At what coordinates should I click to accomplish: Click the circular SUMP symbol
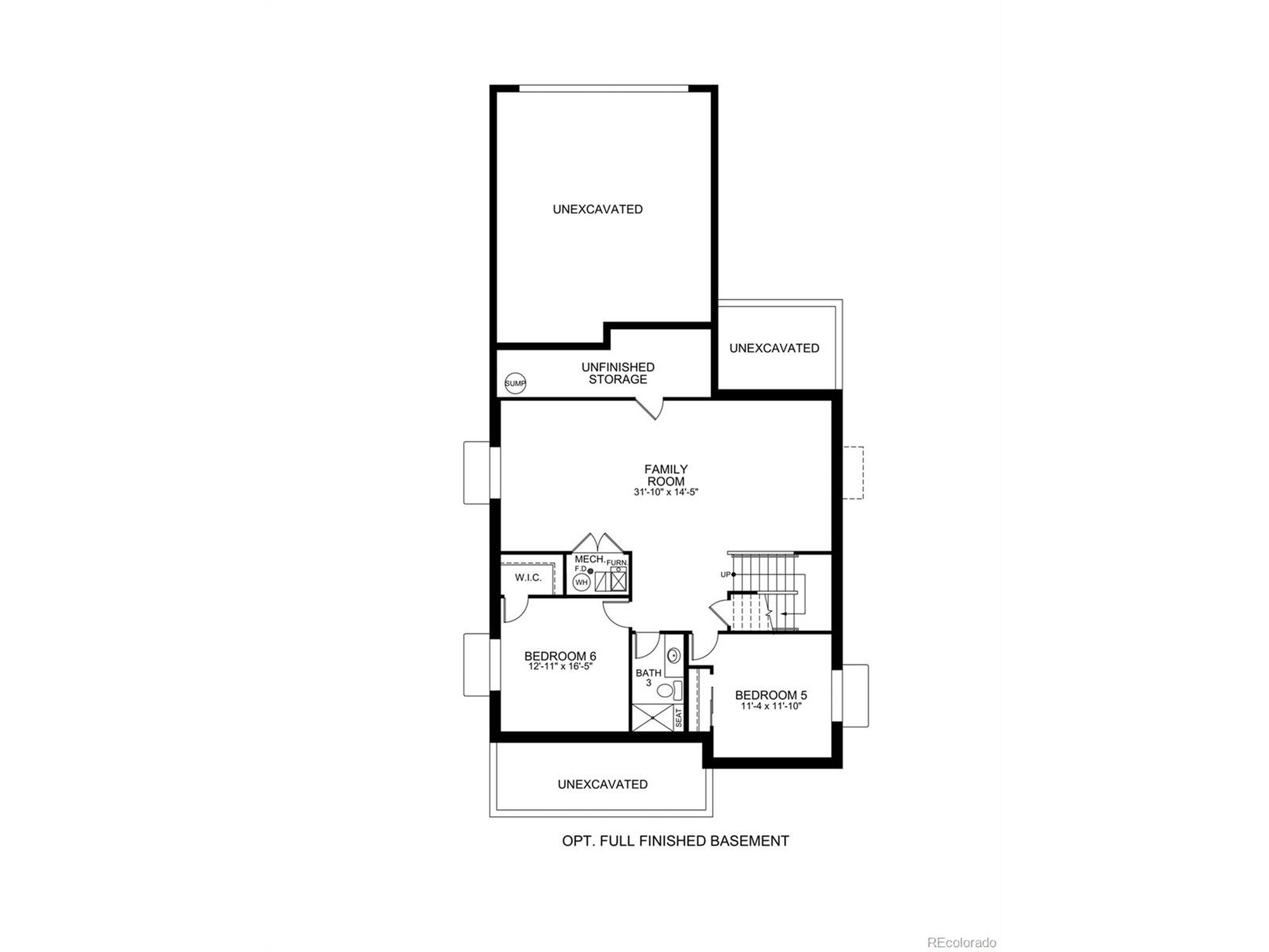point(515,383)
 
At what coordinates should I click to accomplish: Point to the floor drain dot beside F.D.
point(590,571)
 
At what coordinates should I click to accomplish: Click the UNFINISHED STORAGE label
point(618,373)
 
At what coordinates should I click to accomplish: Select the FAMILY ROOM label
point(665,475)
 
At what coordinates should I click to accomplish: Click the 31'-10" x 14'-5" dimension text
point(665,492)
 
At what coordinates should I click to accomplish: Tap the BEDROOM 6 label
point(560,656)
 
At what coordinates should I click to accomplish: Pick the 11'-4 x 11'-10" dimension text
point(770,707)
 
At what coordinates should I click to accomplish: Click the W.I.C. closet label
point(528,578)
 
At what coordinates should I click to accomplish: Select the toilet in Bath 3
point(667,690)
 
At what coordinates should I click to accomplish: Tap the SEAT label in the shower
point(679,718)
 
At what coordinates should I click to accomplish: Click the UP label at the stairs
point(725,574)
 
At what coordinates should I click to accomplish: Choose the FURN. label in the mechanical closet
point(617,562)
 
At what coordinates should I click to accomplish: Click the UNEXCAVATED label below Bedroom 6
point(602,784)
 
